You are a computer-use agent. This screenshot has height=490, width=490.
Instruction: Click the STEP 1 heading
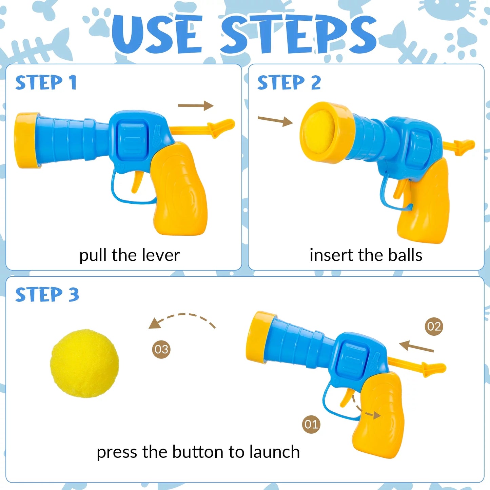coord(46,83)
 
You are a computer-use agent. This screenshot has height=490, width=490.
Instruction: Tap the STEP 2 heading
coord(289,83)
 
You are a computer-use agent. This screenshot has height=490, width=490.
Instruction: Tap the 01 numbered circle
coord(311,424)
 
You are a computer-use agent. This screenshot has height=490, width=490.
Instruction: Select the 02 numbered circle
coord(434,326)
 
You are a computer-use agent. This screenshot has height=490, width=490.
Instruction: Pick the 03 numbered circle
coord(161,349)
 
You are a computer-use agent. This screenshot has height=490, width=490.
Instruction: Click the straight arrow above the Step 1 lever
coord(196,105)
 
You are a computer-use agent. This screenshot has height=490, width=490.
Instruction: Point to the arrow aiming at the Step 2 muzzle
coord(275,120)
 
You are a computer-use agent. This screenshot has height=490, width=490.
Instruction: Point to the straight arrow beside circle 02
coord(416,347)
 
